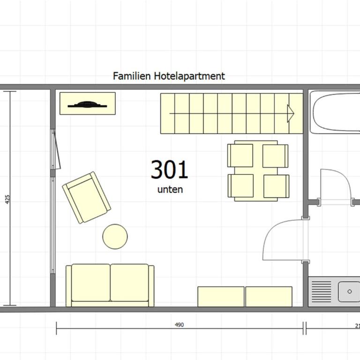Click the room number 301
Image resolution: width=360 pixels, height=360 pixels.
point(169,170)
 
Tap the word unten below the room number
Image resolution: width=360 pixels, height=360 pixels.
point(170,190)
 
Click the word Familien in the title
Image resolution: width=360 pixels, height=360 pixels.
point(132,76)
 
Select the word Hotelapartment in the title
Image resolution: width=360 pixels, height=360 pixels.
point(189,76)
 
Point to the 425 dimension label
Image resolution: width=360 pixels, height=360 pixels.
point(7,199)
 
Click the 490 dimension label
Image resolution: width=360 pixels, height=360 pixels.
point(180,325)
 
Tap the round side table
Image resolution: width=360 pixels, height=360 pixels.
point(115,236)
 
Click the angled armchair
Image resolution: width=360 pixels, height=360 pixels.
point(87,197)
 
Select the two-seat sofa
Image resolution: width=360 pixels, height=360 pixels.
point(110,285)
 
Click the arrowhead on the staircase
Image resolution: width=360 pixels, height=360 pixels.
point(291,113)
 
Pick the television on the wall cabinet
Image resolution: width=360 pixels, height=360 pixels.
point(87,105)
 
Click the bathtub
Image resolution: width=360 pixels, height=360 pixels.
point(335,112)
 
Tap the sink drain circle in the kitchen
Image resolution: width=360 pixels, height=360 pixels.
point(350,292)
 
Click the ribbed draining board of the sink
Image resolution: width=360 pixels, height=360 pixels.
point(322,292)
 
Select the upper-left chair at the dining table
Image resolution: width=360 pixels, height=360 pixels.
point(240,156)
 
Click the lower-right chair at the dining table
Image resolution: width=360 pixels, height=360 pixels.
point(277,186)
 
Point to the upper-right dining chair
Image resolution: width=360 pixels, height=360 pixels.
point(275,156)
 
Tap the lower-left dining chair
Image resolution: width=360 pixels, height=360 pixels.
point(240,186)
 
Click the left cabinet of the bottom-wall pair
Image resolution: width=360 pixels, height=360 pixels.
point(221,297)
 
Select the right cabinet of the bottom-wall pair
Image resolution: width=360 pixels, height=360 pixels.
point(269,297)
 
